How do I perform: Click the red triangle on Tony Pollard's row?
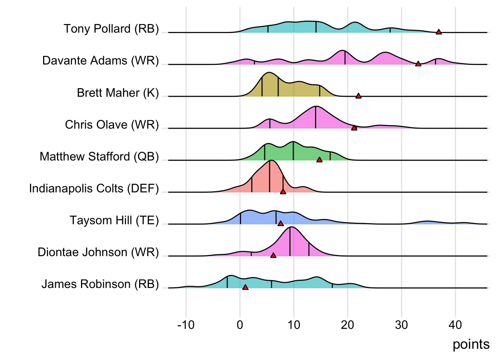(438, 32)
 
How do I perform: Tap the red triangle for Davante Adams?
(418, 64)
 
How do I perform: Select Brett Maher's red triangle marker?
(358, 96)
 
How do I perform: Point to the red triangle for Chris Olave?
(354, 128)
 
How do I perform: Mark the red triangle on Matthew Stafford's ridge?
(319, 160)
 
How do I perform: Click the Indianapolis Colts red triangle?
(283, 192)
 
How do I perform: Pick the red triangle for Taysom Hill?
(280, 223)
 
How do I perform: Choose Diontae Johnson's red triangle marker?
(273, 255)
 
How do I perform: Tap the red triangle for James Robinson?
(245, 287)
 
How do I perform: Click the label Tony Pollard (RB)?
(111, 29)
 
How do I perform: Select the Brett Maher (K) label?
(118, 93)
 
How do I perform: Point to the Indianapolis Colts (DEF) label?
(94, 188)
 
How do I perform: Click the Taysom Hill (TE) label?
(114, 220)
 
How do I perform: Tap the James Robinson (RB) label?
(100, 284)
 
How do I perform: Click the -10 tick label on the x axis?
(186, 325)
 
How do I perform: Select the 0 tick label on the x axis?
(240, 325)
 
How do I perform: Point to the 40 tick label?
(455, 325)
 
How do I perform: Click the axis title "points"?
(471, 344)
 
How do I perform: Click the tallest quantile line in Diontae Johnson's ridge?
(290, 241)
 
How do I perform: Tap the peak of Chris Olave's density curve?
(316, 107)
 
